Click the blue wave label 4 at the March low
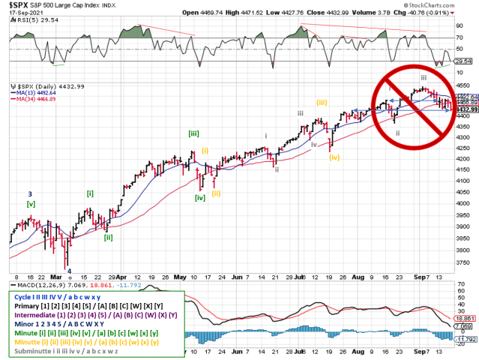click(69, 271)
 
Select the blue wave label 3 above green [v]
click(30, 194)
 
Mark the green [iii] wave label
click(193, 133)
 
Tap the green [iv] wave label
click(200, 198)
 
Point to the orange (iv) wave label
click(334, 157)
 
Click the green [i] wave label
click(90, 193)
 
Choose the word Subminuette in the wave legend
click(34, 351)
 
